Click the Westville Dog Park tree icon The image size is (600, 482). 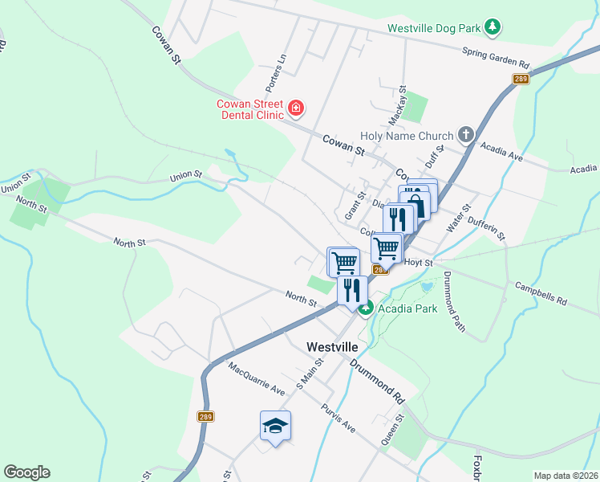[x=492, y=28]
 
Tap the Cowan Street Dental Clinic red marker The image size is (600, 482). [x=295, y=107]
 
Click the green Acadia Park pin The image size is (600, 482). [x=366, y=308]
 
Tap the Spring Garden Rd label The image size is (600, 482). [x=496, y=58]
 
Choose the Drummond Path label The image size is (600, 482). [x=454, y=300]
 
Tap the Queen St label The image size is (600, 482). [x=392, y=431]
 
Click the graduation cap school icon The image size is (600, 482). [x=275, y=425]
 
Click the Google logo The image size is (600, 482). [x=26, y=472]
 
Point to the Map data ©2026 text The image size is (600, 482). [x=566, y=476]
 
